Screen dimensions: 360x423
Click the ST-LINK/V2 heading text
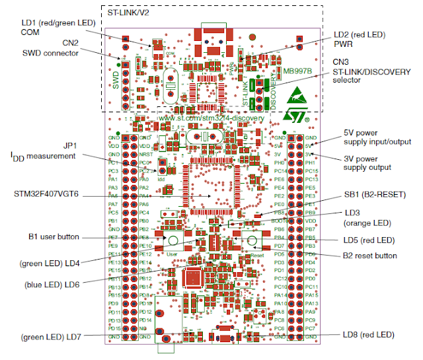[136, 13]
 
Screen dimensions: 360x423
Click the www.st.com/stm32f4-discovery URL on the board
[211, 118]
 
